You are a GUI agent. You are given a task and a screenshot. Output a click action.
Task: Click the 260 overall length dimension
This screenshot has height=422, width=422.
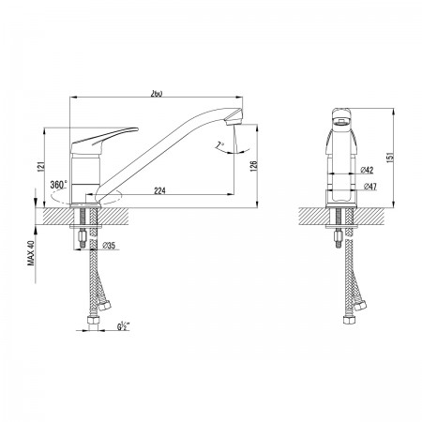[x=157, y=94]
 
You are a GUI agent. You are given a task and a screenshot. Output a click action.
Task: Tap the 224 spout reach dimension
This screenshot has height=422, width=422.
[x=159, y=190]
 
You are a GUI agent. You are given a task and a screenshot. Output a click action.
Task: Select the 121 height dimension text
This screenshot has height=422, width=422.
[x=40, y=167]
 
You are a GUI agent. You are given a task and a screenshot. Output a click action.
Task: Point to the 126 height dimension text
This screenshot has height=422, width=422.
[x=253, y=166]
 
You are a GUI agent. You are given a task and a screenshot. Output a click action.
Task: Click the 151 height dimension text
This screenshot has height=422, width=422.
[x=390, y=158]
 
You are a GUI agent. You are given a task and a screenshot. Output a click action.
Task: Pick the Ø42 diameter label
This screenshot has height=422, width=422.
[x=367, y=171]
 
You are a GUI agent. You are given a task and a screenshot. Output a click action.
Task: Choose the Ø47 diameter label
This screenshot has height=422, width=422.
[x=370, y=187]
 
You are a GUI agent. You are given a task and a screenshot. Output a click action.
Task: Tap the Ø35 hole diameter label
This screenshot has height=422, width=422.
[x=109, y=246]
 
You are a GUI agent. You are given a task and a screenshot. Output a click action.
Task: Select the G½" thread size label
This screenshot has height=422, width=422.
[x=124, y=326]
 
